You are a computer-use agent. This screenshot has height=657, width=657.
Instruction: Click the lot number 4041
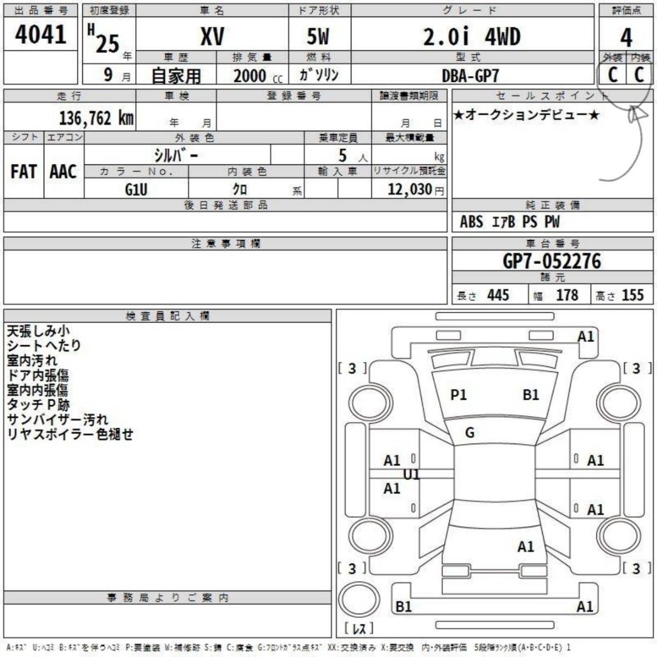coord(40,35)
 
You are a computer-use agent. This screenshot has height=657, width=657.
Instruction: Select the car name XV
coord(212,38)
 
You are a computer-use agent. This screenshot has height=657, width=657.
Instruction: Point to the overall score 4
coord(626,38)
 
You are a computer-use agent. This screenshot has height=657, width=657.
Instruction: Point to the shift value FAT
coord(24,172)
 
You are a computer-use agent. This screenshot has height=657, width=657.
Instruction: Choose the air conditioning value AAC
coord(63,172)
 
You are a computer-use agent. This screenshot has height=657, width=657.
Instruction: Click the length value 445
coord(498,295)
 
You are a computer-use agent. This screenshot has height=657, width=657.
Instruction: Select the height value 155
coord(633,295)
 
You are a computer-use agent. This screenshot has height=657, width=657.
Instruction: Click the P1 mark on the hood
coord(459,395)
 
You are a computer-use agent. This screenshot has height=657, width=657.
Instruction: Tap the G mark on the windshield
coord(470,433)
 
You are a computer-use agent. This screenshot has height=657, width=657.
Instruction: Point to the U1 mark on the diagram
coord(412,474)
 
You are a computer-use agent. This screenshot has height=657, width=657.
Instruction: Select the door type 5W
coord(317,38)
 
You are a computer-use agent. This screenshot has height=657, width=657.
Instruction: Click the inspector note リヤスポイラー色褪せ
coord(70,434)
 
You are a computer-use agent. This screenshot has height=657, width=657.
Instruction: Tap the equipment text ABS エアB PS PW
coord(509,222)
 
